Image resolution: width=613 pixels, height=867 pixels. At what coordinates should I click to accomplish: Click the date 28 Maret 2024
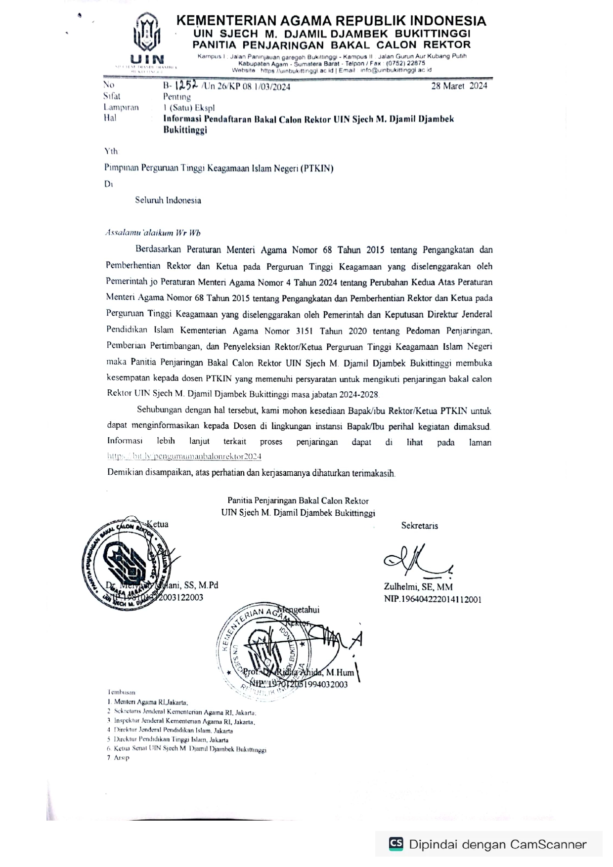[459, 86]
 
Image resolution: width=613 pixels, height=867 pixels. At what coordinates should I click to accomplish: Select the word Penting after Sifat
[176, 97]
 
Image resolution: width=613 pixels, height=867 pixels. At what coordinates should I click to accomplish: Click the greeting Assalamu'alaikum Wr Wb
[153, 233]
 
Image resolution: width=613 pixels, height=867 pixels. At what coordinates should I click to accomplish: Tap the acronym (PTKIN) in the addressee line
[317, 168]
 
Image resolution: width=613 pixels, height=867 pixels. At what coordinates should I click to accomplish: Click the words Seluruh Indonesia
[168, 200]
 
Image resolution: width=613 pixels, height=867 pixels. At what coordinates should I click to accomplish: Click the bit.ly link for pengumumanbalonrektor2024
[184, 456]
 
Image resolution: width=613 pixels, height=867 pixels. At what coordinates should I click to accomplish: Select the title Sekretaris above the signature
[419, 526]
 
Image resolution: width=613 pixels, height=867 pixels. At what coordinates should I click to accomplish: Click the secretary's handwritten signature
[415, 560]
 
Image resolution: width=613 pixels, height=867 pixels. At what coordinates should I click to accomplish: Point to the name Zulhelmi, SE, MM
[418, 587]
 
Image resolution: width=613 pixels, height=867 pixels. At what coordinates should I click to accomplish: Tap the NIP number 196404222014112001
[433, 599]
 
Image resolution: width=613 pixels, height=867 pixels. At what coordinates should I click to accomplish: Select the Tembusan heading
[121, 692]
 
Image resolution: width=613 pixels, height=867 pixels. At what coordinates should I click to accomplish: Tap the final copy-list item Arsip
[121, 758]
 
